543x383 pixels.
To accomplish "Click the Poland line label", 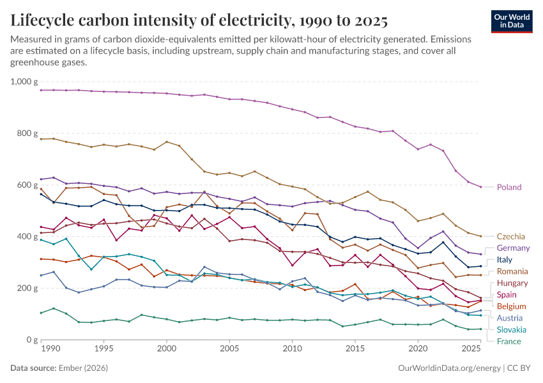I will click(509, 187).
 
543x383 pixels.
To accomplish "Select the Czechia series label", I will click(511, 236).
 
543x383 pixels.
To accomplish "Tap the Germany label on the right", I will click(513, 248).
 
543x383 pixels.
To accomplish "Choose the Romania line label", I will click(512, 271).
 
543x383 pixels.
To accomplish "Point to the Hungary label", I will click(512, 283).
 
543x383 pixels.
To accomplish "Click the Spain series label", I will click(507, 294).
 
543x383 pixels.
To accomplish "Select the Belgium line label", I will click(511, 306).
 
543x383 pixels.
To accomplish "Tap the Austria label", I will click(509, 318).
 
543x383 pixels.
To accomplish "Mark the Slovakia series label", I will click(512, 329).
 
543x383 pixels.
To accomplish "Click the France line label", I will click(509, 341).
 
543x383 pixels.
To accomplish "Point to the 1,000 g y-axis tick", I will click(24, 82).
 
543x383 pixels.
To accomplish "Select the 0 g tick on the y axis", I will click(33, 340).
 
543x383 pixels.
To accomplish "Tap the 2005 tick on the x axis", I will click(229, 349).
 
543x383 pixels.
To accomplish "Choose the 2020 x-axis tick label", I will click(418, 349).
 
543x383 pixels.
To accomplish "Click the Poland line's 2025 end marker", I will click(481, 187).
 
